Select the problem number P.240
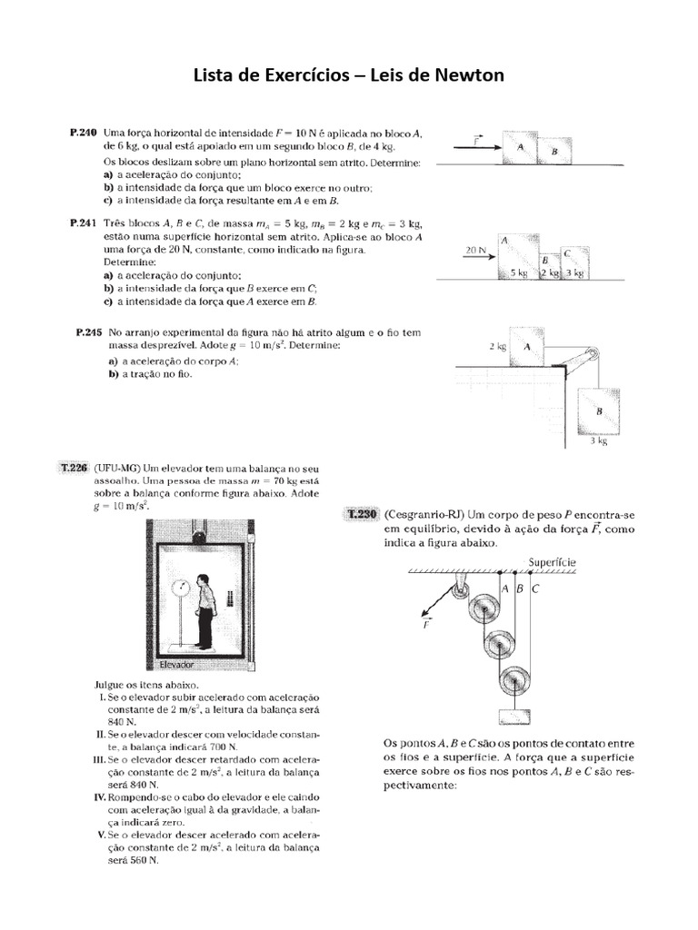pyautogui.click(x=83, y=133)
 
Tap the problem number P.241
pyautogui.click(x=83, y=223)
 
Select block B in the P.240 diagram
pyautogui.click(x=553, y=152)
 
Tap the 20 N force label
pyautogui.click(x=475, y=248)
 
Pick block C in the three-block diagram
pyautogui.click(x=572, y=262)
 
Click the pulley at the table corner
pyautogui.click(x=592, y=355)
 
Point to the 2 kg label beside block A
pyautogui.click(x=497, y=347)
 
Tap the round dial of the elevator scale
pyautogui.click(x=182, y=586)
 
